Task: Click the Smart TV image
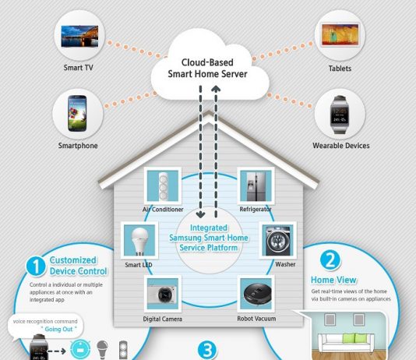click(79, 36)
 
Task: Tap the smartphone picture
click(77, 113)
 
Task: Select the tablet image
click(340, 35)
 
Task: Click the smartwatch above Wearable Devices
click(340, 115)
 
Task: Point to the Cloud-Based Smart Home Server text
click(207, 68)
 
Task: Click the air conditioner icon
click(163, 185)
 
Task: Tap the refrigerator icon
click(256, 185)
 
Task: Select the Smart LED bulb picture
click(139, 240)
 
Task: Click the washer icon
click(278, 240)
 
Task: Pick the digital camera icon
click(163, 294)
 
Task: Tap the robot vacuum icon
click(256, 294)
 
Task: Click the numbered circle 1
click(36, 266)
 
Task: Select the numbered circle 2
click(330, 260)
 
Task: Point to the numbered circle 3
click(207, 350)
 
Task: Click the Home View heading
click(333, 280)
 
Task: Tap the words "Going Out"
click(58, 329)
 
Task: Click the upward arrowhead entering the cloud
click(216, 89)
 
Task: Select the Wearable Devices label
click(341, 146)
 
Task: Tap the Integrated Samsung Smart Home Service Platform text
click(209, 238)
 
